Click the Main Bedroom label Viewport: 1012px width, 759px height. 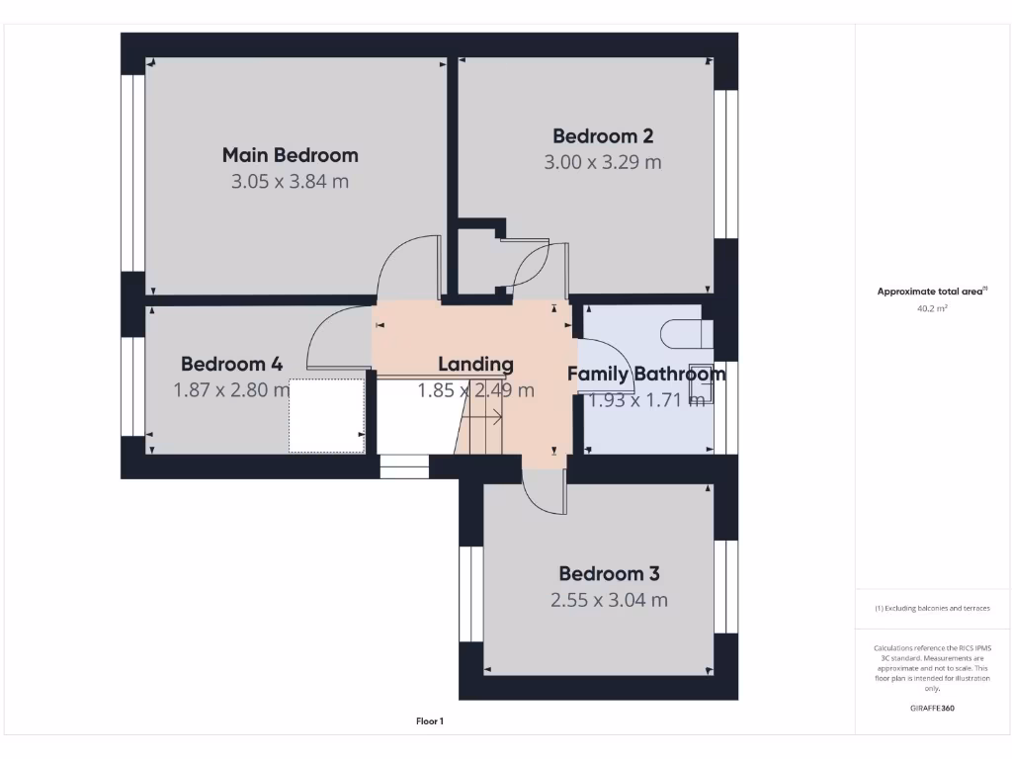(290, 155)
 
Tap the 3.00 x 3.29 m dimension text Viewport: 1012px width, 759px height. (602, 162)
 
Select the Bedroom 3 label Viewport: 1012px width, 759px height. (609, 574)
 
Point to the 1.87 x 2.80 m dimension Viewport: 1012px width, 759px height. (231, 390)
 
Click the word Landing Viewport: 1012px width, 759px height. (475, 365)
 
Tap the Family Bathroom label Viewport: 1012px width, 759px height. (645, 375)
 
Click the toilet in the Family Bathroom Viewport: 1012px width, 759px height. (684, 335)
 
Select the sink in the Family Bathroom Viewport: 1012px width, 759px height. (701, 377)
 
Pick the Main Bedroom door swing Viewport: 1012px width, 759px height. (407, 265)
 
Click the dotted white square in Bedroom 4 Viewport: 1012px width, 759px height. (326, 415)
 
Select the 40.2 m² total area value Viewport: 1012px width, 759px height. (932, 308)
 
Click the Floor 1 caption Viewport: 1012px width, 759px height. (430, 721)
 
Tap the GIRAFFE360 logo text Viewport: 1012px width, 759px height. (932, 708)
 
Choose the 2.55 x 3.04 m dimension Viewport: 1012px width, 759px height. (609, 600)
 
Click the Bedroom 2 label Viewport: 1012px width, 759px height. (603, 136)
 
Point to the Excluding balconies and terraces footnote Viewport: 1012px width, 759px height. (932, 609)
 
